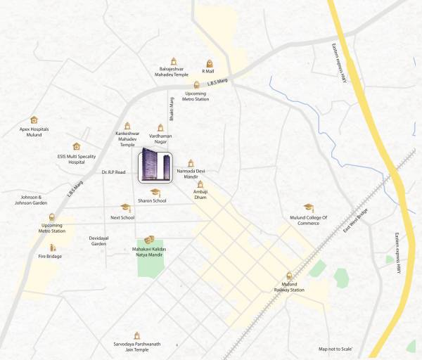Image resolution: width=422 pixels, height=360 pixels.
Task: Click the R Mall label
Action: [x=207, y=71]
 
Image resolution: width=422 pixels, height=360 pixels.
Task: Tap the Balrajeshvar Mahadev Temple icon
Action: [x=172, y=61]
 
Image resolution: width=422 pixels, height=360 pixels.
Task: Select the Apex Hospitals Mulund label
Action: [x=34, y=131]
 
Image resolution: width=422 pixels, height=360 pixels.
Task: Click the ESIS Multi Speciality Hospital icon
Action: [x=76, y=146]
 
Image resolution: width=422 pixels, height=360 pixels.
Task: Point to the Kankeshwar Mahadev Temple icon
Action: [x=127, y=121]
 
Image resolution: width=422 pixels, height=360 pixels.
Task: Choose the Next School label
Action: [x=122, y=217]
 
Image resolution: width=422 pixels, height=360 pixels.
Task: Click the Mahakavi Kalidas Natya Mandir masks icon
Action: [x=149, y=240]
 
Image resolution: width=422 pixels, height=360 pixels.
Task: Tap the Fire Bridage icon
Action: [x=52, y=247]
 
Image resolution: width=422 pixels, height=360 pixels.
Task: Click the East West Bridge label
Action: [x=356, y=220]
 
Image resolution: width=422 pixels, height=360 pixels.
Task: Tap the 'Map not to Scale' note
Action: [x=335, y=349]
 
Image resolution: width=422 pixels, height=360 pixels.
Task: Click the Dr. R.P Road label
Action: [x=114, y=172]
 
